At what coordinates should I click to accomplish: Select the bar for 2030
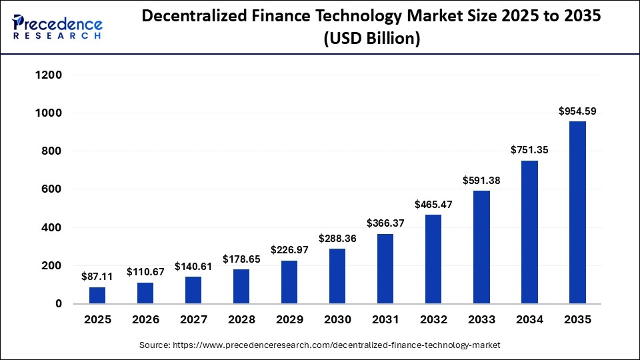(x=337, y=276)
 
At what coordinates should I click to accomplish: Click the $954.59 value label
(x=577, y=111)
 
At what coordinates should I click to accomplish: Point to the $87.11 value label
(x=97, y=276)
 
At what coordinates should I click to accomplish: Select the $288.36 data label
(x=337, y=237)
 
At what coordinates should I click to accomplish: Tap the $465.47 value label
(x=433, y=204)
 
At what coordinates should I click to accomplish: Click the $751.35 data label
(x=529, y=150)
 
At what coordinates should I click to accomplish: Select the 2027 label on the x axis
(x=193, y=320)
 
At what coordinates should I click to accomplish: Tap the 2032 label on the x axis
(x=433, y=320)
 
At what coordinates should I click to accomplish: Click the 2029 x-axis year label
(x=289, y=320)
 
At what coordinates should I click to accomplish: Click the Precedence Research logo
(x=57, y=26)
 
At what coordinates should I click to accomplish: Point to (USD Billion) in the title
(x=371, y=39)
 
